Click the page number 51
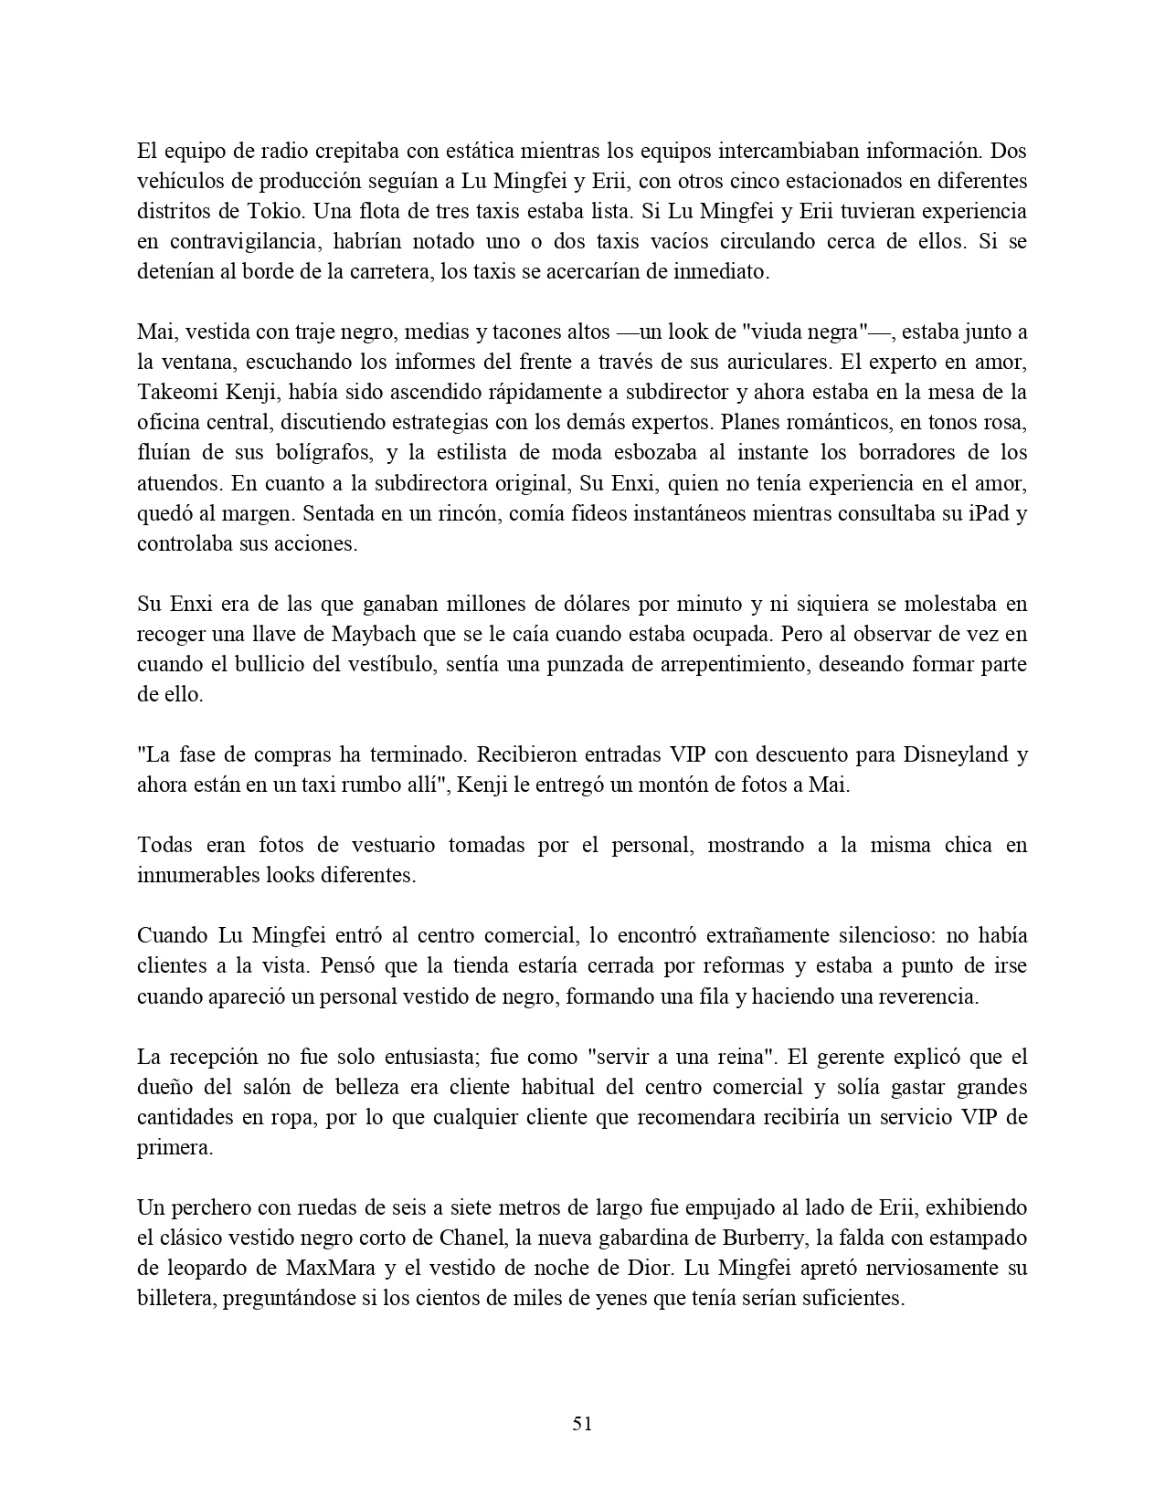coord(582,1423)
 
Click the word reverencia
coord(927,996)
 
